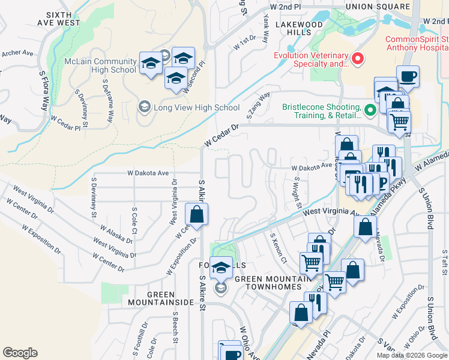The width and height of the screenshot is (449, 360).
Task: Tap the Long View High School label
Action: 196,108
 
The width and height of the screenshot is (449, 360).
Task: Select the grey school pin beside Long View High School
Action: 144,108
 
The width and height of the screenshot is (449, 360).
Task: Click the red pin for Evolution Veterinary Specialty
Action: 358,59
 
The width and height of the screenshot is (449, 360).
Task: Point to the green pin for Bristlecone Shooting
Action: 370,109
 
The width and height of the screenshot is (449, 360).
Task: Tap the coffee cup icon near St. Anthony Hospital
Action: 408,77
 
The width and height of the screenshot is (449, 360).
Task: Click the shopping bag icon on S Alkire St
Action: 196,214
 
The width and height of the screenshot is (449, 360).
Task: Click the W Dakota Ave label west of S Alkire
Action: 148,173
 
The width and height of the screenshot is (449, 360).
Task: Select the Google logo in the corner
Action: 20,353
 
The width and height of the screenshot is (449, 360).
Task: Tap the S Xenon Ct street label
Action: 279,247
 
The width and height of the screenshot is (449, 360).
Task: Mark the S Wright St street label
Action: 297,192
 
